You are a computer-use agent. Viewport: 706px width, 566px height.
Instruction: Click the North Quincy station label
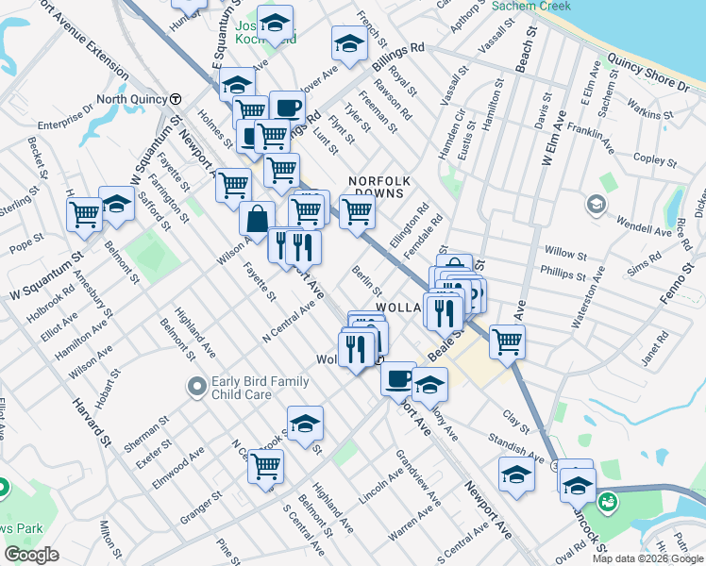point(131,99)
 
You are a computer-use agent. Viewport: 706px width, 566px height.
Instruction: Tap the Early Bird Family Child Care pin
point(197,387)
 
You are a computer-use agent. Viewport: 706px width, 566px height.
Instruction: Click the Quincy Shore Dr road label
point(647,74)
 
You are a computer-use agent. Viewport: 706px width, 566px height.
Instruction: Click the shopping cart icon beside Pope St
point(85,214)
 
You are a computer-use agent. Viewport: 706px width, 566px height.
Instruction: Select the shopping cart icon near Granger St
point(266,465)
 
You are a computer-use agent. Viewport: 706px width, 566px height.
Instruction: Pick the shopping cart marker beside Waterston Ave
point(508,341)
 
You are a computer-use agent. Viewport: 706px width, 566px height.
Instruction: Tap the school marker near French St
point(349,43)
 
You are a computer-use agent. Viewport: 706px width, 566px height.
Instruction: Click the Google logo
point(31,555)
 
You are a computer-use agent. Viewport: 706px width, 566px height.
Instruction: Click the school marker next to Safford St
point(117,205)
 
